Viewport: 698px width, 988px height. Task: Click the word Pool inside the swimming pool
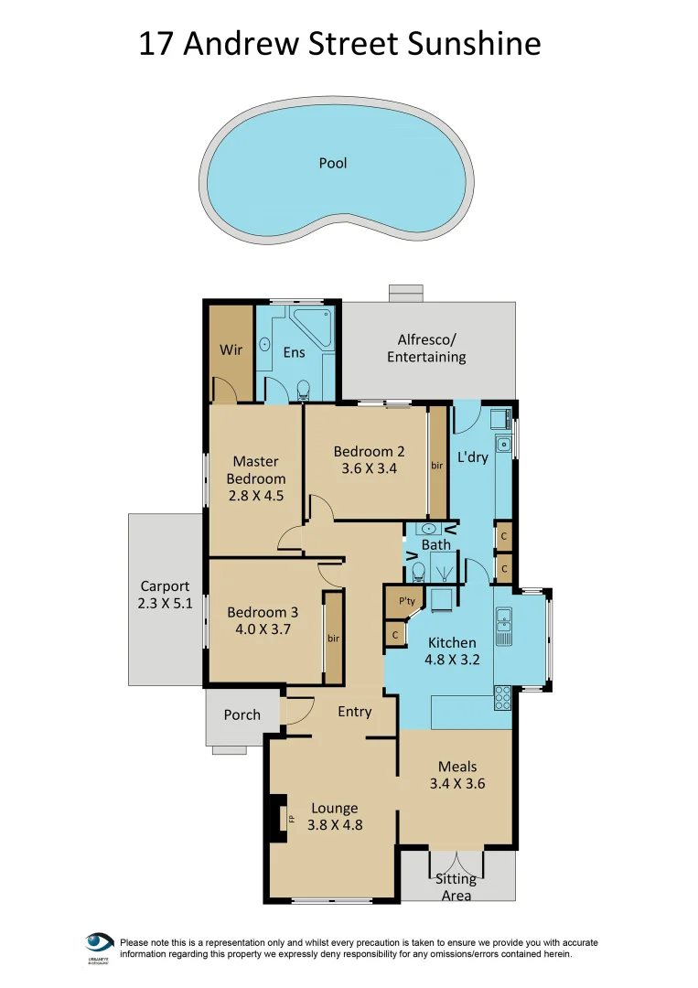click(333, 164)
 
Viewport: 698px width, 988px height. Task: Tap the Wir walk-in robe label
click(230, 350)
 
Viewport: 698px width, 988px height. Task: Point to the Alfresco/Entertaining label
click(426, 349)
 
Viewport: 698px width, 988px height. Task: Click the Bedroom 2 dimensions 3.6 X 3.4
click(369, 469)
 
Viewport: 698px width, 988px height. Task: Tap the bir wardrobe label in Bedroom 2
click(437, 466)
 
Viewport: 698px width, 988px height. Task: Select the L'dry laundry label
click(473, 457)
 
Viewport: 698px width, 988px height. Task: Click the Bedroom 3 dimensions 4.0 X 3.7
click(263, 630)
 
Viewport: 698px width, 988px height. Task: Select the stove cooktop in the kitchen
click(503, 698)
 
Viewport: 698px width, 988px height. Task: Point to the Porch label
click(242, 715)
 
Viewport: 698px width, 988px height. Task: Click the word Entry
click(354, 712)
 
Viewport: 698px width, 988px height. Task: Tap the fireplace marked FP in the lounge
click(275, 820)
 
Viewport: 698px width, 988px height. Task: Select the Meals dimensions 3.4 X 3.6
click(456, 784)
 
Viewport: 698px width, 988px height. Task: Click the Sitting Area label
click(456, 887)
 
